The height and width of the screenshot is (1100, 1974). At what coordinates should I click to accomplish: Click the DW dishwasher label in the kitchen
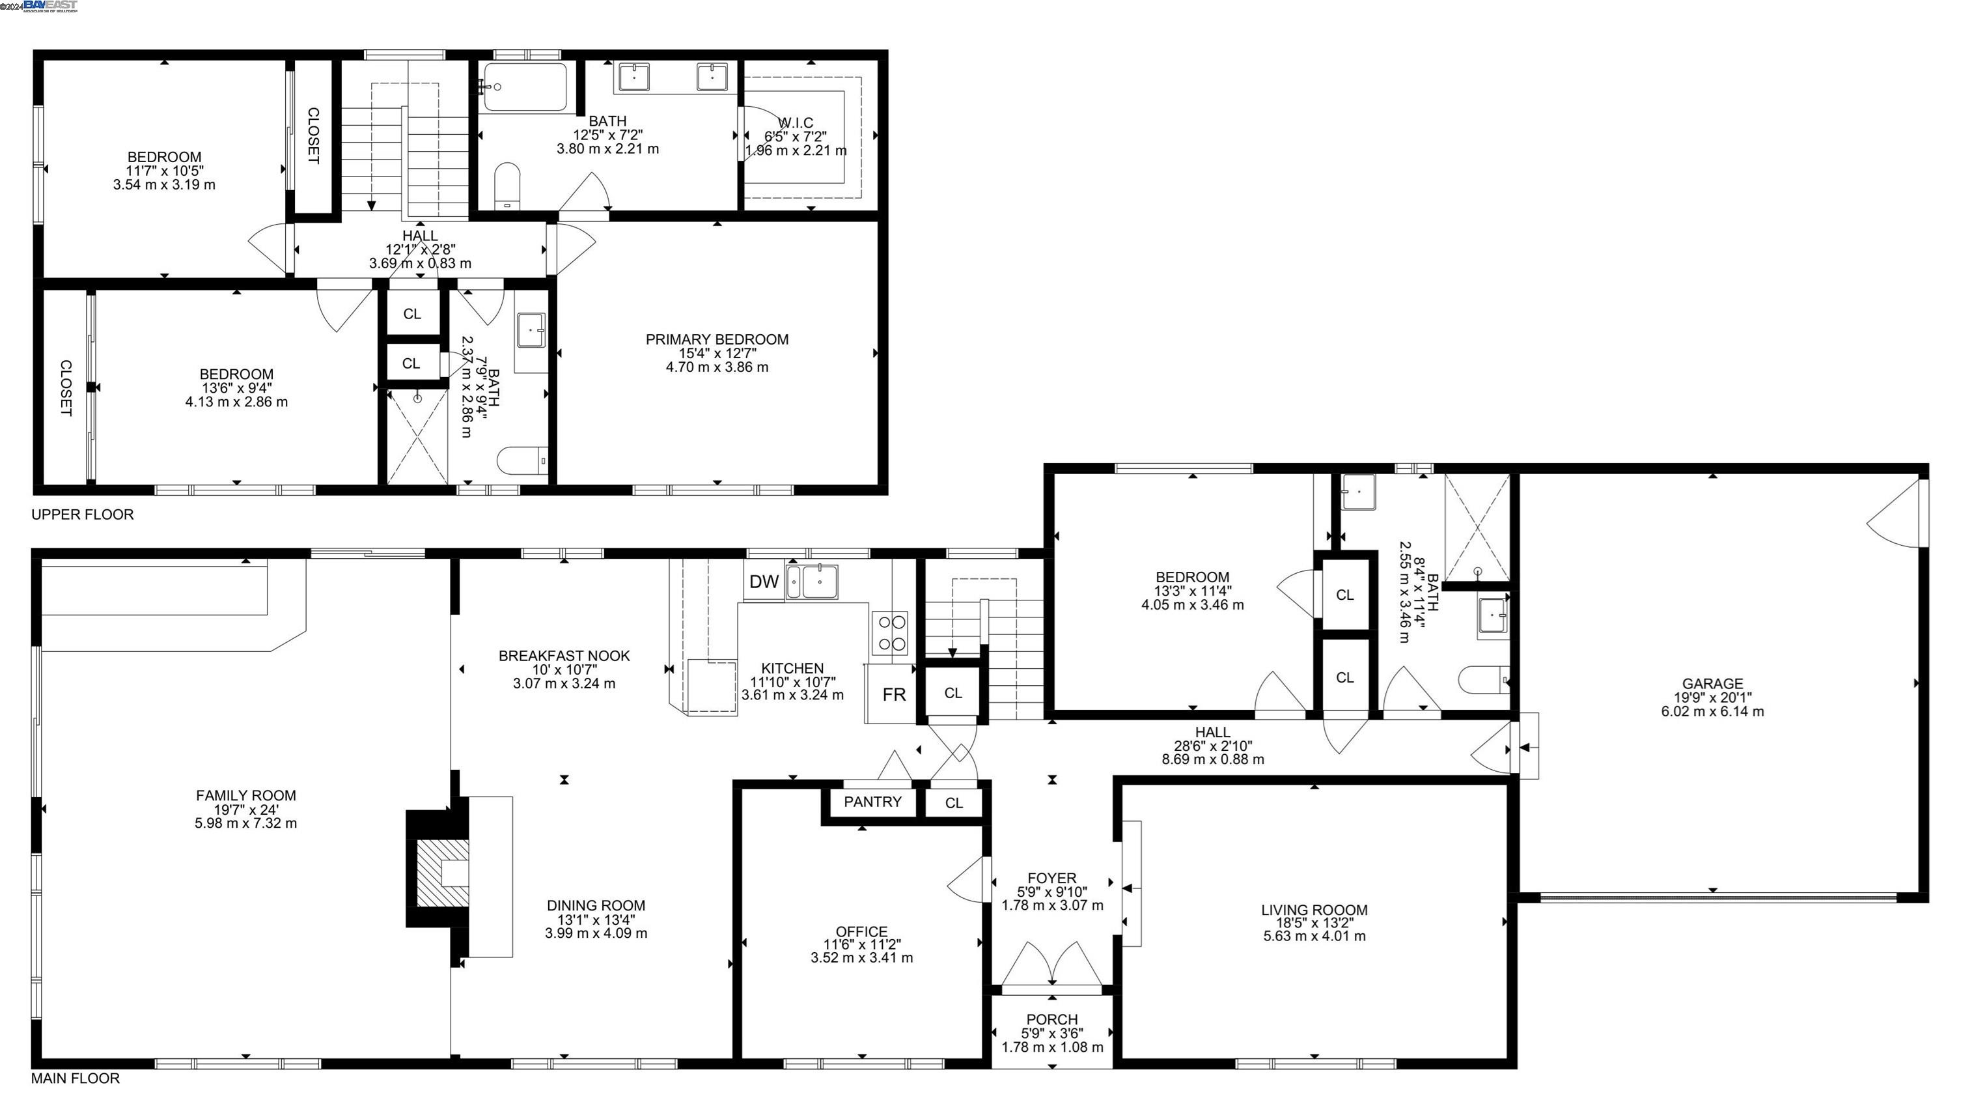coord(763,582)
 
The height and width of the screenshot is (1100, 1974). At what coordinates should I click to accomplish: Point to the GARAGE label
coord(1713,684)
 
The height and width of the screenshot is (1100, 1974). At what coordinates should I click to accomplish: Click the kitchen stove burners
coord(890,633)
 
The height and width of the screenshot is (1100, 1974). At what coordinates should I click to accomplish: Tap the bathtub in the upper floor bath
coord(525,87)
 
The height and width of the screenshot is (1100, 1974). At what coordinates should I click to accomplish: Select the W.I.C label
coord(796,122)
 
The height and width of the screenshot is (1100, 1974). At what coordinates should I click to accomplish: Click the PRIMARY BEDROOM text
coord(717,339)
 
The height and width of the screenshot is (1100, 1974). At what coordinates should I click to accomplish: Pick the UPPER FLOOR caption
coord(83,515)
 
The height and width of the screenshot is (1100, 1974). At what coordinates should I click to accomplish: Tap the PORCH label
coord(1052,1019)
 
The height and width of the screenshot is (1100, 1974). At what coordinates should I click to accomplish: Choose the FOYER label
coord(1052,878)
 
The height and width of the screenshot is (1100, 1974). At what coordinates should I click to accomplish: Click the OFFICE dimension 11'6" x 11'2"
coord(862,944)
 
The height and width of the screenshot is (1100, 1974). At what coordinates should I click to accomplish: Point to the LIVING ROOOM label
coord(1314,910)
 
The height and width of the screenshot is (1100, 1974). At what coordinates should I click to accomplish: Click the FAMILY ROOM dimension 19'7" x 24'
coord(246,810)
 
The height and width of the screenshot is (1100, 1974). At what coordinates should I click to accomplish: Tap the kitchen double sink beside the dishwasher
coord(811,582)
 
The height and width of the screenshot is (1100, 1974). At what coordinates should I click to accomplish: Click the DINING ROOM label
coord(596,905)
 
